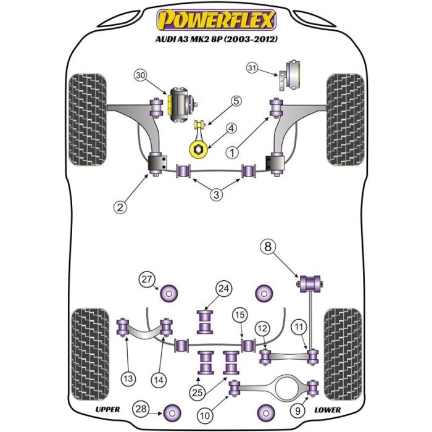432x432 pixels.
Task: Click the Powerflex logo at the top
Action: coord(215,20)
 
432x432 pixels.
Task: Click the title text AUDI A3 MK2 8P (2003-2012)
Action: coord(215,38)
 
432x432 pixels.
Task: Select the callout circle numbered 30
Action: coord(140,75)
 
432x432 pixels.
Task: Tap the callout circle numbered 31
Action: coord(252,68)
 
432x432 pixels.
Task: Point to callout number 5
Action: coord(237,101)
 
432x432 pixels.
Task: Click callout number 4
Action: coord(231,128)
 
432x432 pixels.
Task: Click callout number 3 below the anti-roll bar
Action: coord(216,195)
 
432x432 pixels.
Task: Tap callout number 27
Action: coord(146,280)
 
